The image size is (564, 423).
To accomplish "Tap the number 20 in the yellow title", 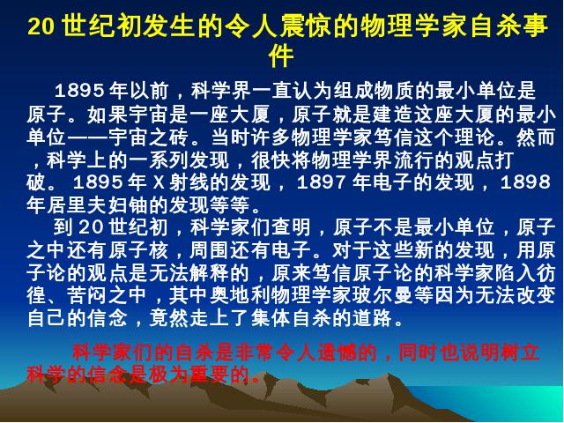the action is [x=41, y=26].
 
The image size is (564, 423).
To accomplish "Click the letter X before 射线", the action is [x=159, y=182].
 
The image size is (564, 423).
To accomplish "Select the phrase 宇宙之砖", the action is [x=148, y=137].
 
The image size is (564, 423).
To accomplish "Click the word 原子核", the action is [x=138, y=250].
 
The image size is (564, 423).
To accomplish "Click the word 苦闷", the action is [x=87, y=295].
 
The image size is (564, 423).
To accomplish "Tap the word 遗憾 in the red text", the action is [x=337, y=352].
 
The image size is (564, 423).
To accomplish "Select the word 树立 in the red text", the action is [x=520, y=352].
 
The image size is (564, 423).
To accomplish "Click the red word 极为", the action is [x=168, y=375].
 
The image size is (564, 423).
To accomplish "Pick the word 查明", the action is [x=291, y=227].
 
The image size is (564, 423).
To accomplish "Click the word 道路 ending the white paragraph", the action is [x=373, y=318].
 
